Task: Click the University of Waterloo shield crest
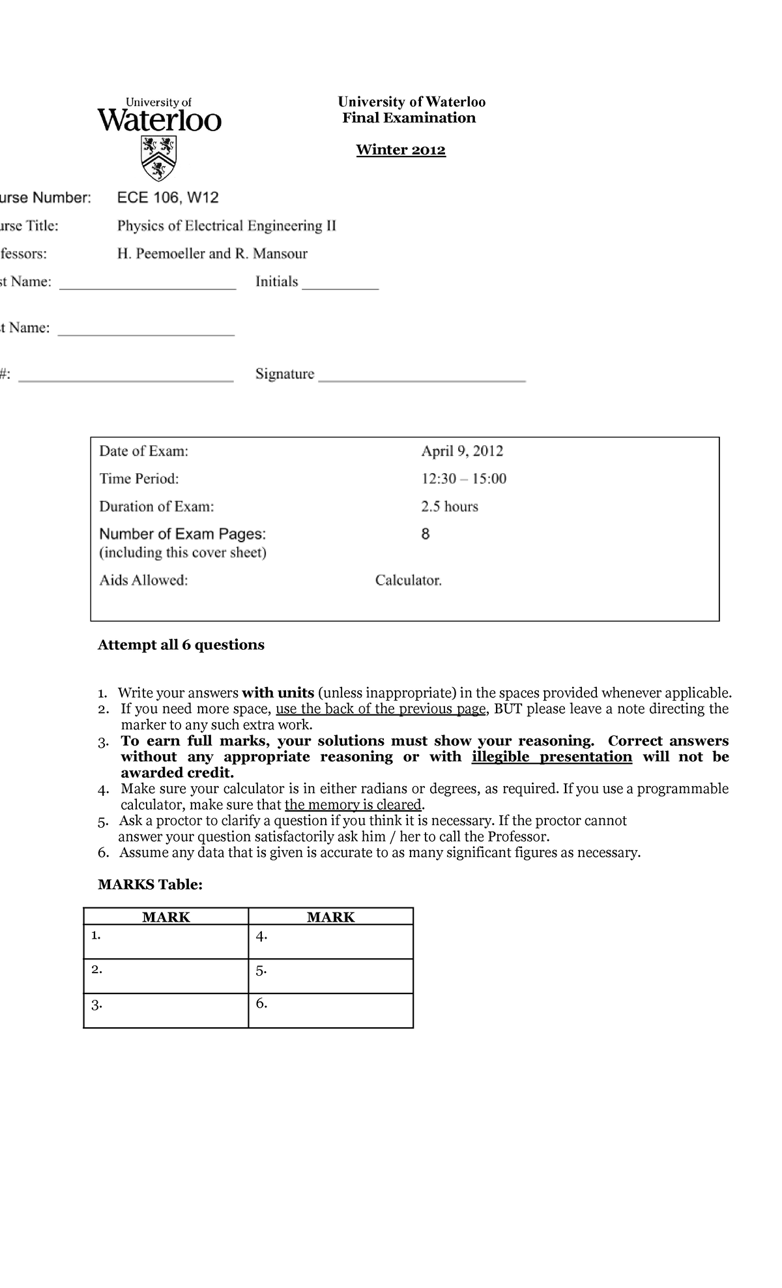158,158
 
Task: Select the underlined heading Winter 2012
400,150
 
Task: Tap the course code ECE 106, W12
167,198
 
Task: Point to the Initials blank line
340,287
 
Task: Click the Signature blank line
422,379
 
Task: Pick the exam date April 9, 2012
461,451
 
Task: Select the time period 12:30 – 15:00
463,479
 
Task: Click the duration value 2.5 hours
449,506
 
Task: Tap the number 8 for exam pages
426,534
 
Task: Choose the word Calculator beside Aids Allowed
408,580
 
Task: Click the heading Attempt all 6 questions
181,645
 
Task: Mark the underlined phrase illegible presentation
551,757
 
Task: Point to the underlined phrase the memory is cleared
353,805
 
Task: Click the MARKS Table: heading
150,885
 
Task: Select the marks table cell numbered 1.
166,941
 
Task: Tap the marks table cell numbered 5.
330,976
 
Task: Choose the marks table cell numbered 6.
330,1010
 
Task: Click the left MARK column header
166,917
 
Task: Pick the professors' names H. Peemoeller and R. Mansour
212,254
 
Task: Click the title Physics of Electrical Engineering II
226,226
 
